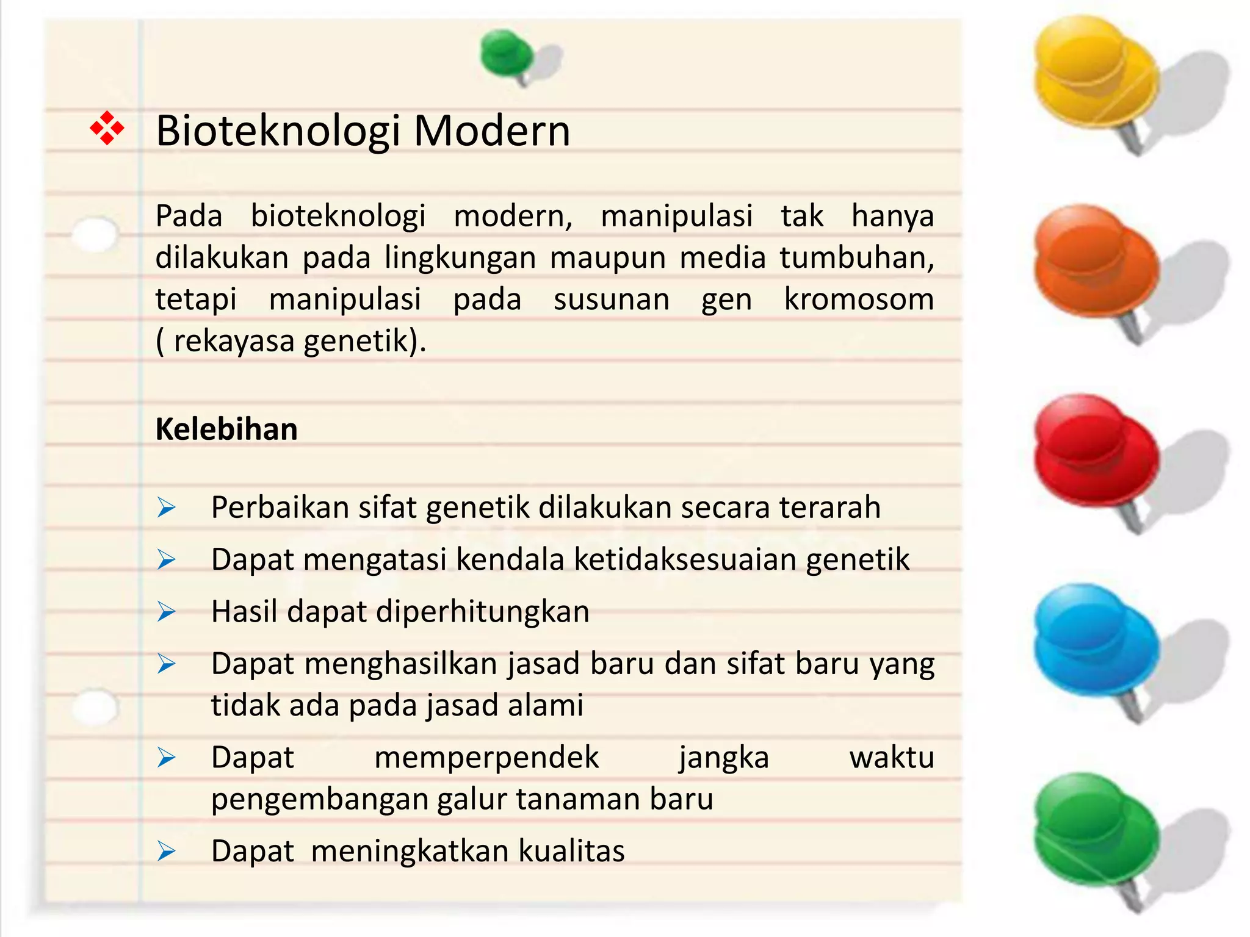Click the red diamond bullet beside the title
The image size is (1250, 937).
pos(107,128)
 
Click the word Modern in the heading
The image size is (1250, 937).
pos(492,131)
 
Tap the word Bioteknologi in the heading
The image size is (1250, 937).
pos(278,132)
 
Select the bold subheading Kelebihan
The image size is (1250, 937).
pos(226,429)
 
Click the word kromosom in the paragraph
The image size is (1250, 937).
pos(859,299)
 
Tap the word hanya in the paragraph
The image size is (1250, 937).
pos(892,216)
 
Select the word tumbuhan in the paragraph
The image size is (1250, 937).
pos(856,257)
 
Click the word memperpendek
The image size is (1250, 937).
pos(486,758)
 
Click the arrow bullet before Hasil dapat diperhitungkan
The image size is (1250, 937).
pos(166,611)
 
